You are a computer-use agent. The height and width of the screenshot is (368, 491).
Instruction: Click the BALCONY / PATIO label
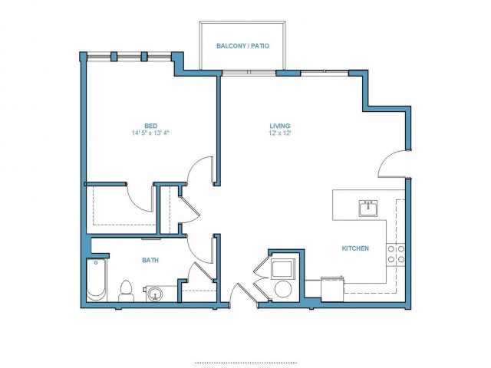coord(242,46)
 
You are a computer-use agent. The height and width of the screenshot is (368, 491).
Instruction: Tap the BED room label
coord(150,126)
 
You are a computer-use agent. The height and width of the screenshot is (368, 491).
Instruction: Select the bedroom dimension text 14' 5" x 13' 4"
coord(150,133)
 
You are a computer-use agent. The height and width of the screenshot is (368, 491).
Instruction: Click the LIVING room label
coord(280,126)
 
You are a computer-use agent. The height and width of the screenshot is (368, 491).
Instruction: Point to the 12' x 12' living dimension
coord(280,133)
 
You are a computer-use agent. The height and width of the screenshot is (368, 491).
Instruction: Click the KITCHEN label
coord(355,248)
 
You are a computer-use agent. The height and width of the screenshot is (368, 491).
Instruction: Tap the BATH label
coord(150,260)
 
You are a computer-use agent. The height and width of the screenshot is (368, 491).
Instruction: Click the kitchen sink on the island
coord(368,209)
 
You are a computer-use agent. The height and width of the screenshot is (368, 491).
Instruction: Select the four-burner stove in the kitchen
coord(396,255)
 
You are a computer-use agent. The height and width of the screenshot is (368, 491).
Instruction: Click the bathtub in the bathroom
coord(96,280)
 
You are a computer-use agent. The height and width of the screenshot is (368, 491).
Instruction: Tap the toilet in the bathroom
coord(126,291)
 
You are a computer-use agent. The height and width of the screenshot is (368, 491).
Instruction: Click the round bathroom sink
coord(155,294)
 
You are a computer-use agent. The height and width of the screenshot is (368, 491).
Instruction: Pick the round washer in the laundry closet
coord(283,289)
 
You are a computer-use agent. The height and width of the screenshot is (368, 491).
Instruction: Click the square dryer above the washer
coord(283,268)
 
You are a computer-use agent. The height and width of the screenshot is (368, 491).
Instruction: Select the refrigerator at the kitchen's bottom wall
coord(332,289)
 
